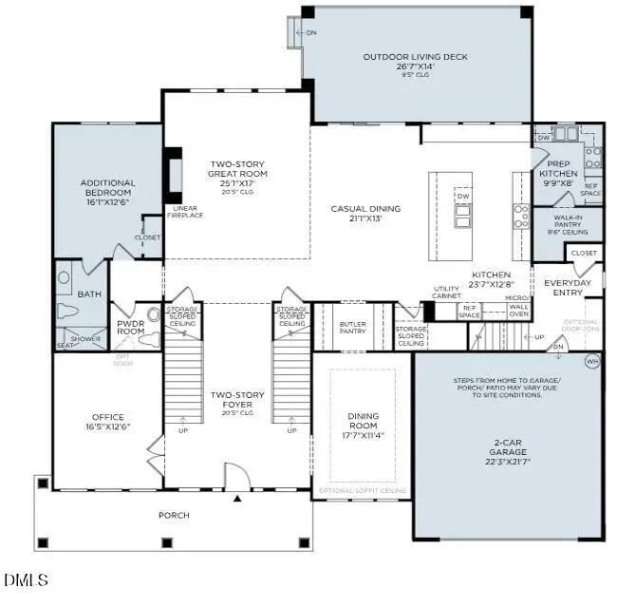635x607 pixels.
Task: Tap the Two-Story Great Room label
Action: point(238,174)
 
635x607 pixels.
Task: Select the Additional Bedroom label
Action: point(107,187)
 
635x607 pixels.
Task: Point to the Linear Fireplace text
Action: point(187,212)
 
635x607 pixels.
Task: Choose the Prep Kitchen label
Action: point(558,175)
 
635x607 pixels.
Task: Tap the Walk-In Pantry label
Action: point(567,223)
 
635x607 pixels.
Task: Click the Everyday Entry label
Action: point(568,288)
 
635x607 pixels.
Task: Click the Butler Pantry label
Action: point(353,328)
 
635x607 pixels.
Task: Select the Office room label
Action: point(107,422)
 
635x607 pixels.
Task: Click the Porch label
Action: point(174,516)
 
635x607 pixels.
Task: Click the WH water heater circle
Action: point(593,361)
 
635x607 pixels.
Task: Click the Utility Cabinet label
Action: point(446,292)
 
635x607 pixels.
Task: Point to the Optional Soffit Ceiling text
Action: point(363,490)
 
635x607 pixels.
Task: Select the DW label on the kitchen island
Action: point(463,196)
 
